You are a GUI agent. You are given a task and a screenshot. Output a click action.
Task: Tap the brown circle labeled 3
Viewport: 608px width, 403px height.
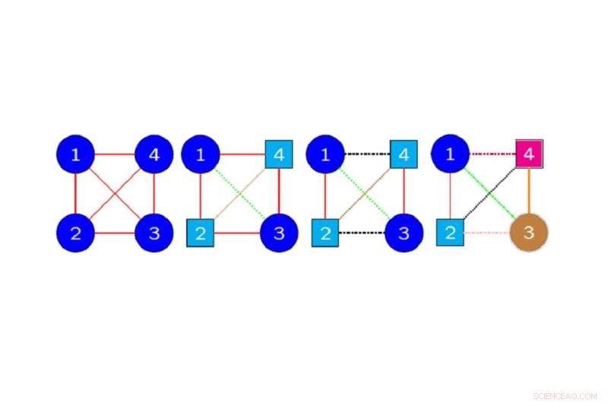(529, 233)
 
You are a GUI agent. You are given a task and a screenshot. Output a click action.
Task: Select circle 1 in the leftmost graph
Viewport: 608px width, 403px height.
(75, 154)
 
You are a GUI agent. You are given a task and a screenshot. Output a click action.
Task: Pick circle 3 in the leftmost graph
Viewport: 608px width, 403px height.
(154, 233)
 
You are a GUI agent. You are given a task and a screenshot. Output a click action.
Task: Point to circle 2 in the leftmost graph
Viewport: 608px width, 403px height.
(75, 233)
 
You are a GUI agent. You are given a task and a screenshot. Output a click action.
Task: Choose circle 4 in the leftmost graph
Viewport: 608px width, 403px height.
(154, 154)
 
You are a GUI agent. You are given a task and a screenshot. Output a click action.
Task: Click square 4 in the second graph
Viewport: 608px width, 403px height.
(279, 154)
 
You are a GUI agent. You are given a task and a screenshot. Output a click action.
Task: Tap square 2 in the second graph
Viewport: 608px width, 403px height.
(201, 233)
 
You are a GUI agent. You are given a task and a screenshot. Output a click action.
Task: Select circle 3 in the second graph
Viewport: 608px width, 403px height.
(279, 233)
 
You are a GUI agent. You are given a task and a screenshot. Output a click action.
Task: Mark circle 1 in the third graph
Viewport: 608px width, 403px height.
(325, 154)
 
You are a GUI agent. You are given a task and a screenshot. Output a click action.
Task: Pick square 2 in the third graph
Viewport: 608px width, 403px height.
(325, 233)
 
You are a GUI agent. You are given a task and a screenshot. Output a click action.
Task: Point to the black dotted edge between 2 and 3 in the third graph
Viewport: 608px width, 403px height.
(363, 233)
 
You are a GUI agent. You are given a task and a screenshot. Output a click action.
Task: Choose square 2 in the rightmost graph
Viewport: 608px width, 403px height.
(450, 233)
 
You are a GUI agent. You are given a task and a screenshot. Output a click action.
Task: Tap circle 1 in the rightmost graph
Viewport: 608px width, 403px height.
(450, 154)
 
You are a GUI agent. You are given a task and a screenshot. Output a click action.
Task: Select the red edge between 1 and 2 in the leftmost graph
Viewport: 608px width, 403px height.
(75, 194)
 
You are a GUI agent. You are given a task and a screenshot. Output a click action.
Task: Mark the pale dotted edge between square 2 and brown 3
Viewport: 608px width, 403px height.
(486, 233)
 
